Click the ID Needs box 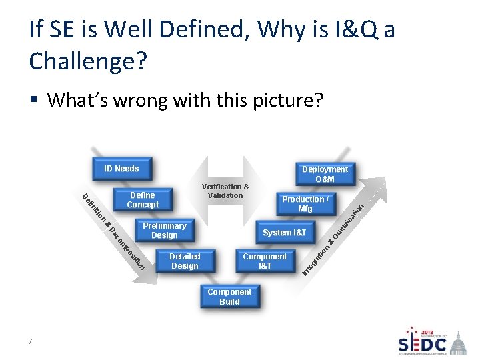click(x=121, y=169)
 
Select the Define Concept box click(x=143, y=200)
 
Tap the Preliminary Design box click(x=164, y=231)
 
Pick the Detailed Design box click(x=185, y=261)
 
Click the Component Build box click(x=229, y=297)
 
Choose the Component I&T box click(x=265, y=261)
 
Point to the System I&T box click(x=285, y=233)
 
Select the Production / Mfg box click(x=305, y=204)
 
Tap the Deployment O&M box click(x=325, y=174)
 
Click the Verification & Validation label click(x=225, y=191)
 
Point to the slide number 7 click(x=31, y=342)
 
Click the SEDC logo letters click(x=423, y=344)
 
